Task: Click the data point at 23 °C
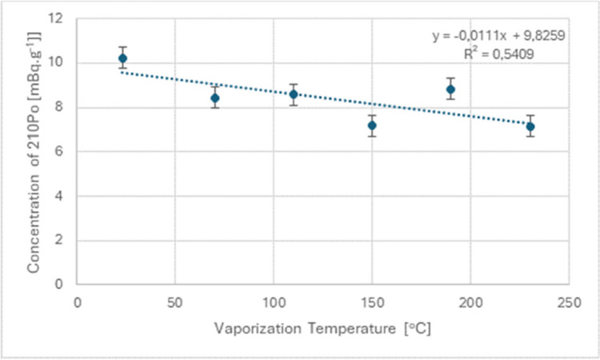point(122,58)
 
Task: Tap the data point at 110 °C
point(294,94)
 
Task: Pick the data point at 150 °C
point(372,125)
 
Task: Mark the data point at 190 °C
point(450,90)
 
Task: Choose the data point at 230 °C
point(530,126)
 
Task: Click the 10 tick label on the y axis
point(58,63)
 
